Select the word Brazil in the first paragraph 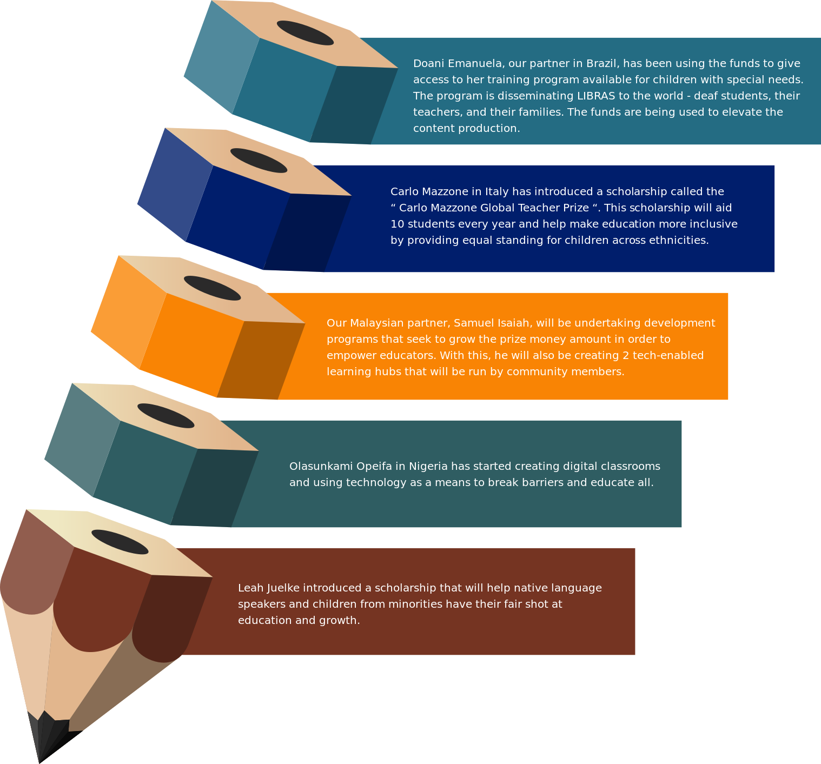click(602, 64)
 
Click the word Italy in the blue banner click(496, 192)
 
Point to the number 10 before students click(397, 224)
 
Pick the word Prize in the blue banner click(574, 208)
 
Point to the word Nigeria click(428, 467)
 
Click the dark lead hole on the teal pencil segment click(305, 33)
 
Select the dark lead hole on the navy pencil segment click(259, 161)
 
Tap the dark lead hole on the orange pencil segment click(212, 288)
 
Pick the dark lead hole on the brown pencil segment click(120, 542)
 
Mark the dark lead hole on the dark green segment click(165, 416)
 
